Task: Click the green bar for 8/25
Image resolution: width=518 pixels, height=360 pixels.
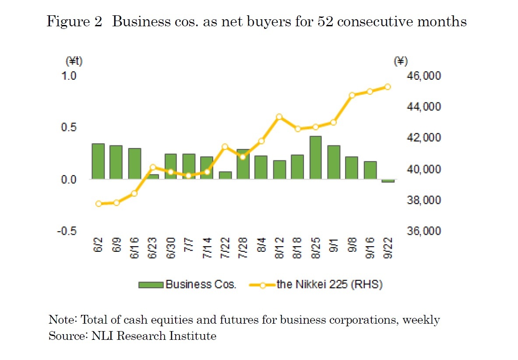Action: tap(316, 158)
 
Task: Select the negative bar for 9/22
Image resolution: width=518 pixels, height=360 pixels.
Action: tap(388, 181)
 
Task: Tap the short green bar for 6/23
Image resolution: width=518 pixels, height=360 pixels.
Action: tap(153, 176)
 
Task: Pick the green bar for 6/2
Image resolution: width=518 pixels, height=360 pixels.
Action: tap(98, 161)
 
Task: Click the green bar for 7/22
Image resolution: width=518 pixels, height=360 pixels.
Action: tap(225, 175)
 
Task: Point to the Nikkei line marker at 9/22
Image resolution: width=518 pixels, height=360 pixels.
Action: tap(388, 87)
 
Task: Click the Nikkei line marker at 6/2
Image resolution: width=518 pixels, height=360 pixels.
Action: tap(99, 204)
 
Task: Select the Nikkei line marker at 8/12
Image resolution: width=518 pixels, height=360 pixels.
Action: tap(279, 117)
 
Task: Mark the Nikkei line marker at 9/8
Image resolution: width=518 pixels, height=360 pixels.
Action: tap(352, 95)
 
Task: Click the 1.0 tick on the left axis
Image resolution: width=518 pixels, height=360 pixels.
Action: tap(69, 76)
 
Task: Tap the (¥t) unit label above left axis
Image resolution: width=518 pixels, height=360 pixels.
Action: tap(74, 61)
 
